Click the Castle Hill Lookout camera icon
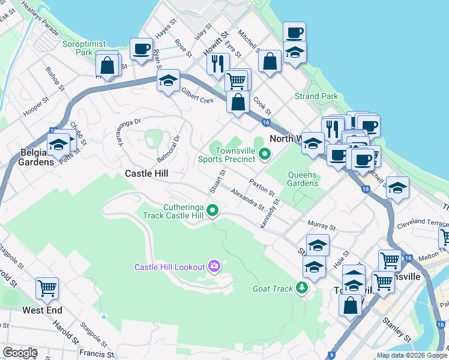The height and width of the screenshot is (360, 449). coord(214,266)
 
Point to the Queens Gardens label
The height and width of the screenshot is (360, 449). coord(303,179)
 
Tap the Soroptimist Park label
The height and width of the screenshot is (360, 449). coord(83,48)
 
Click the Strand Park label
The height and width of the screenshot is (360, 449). coord(316,96)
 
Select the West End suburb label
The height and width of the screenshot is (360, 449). coord(42,310)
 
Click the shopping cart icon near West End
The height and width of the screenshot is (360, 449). coord(47,287)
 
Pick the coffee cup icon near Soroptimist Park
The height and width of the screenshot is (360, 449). coord(142,49)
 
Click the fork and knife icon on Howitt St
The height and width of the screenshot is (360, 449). coord(217,63)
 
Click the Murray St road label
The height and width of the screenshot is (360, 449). coord(321,226)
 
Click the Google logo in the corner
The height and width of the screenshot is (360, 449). coord(20,352)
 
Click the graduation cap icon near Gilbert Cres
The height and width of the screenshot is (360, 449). coord(169,80)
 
